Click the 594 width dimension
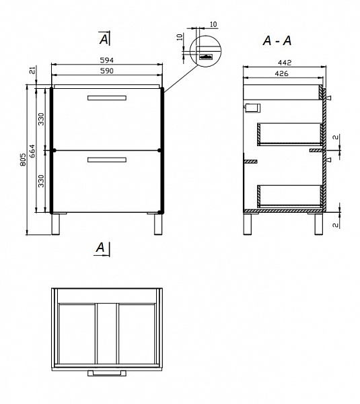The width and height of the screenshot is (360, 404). tap(106, 61)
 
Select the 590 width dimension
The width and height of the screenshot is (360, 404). tap(106, 71)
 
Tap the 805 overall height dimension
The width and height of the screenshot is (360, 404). tap(23, 160)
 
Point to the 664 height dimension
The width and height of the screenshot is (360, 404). tap(32, 151)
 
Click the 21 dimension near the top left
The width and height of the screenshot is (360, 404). tap(32, 70)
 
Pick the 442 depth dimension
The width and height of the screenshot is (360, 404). tap(285, 63)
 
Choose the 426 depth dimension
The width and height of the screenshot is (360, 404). tap(281, 73)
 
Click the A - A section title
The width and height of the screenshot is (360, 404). tap(277, 40)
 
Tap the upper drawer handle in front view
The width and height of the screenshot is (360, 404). tap(107, 98)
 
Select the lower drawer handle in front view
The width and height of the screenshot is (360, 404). tap(107, 160)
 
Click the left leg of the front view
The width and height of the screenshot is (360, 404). tap(55, 224)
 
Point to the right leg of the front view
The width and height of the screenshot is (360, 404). tap(158, 224)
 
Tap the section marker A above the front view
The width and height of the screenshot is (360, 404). tap(104, 38)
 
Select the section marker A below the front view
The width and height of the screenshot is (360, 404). tap(102, 249)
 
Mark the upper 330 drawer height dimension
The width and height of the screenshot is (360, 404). tap(41, 119)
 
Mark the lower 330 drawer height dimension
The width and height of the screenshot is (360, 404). tap(41, 181)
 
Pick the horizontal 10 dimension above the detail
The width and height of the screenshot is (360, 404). tap(213, 24)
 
